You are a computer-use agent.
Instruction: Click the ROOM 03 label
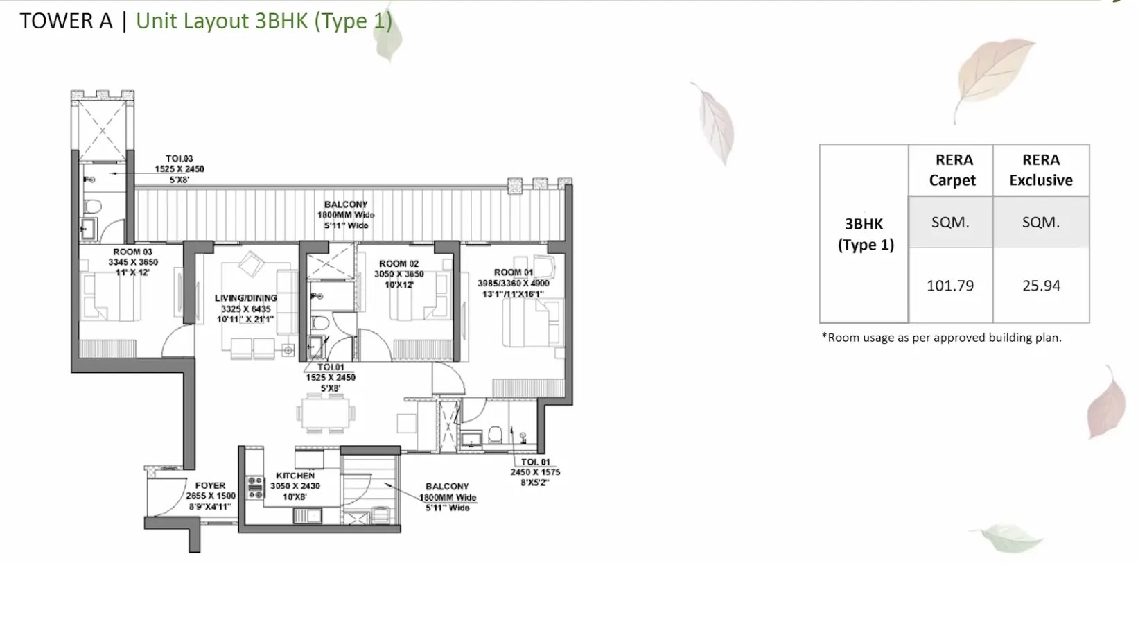[132, 252]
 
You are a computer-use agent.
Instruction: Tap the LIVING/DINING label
[245, 298]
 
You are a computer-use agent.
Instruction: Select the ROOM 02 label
[399, 263]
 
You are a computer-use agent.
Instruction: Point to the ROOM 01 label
[514, 272]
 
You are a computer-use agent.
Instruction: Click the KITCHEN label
[295, 476]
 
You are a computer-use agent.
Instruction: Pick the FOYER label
[210, 485]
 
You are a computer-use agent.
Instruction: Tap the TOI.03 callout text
[179, 159]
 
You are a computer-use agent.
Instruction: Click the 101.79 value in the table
[949, 286]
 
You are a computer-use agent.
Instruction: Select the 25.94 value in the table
[1041, 286]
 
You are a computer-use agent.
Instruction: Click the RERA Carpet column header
[954, 170]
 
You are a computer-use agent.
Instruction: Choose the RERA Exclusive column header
[1040, 170]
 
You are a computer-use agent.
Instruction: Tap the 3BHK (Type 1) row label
[865, 234]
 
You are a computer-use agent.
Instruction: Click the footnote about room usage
[941, 338]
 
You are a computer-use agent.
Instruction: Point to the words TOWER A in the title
[66, 21]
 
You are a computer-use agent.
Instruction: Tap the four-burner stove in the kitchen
[254, 486]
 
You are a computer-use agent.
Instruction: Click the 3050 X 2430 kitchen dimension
[295, 486]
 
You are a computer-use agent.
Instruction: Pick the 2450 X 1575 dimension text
[535, 472]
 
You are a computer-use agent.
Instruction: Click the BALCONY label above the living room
[345, 205]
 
